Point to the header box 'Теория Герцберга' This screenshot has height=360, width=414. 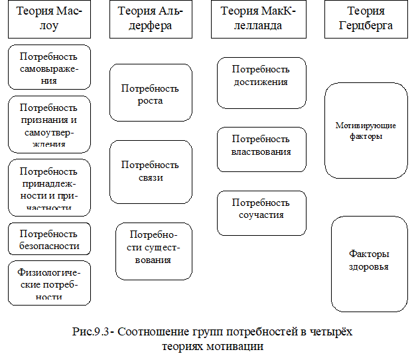tap(366, 19)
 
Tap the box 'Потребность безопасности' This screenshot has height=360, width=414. tap(50, 240)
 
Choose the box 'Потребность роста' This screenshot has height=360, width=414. tap(150, 94)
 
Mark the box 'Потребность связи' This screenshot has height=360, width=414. tap(150, 171)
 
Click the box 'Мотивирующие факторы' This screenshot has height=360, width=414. tap(366, 130)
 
